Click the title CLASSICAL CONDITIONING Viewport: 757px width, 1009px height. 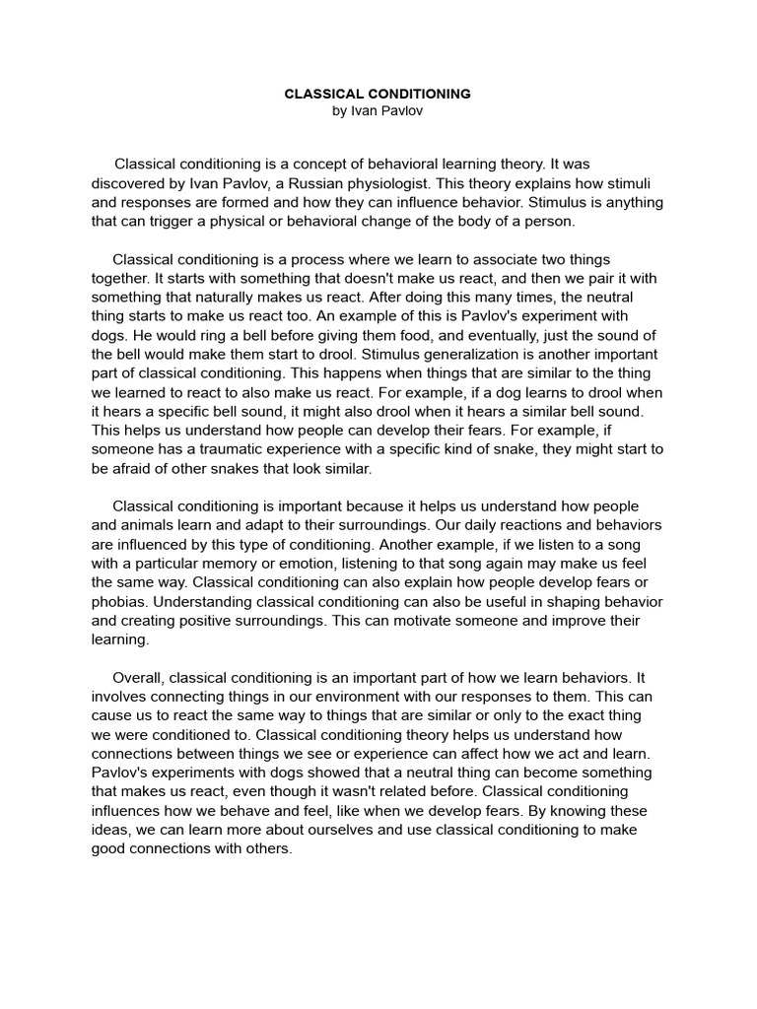378,94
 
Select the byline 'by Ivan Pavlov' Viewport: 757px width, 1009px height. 378,111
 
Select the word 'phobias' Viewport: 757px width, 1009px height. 119,601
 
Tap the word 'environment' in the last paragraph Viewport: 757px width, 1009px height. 344,697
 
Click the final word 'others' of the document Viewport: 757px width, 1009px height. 270,848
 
